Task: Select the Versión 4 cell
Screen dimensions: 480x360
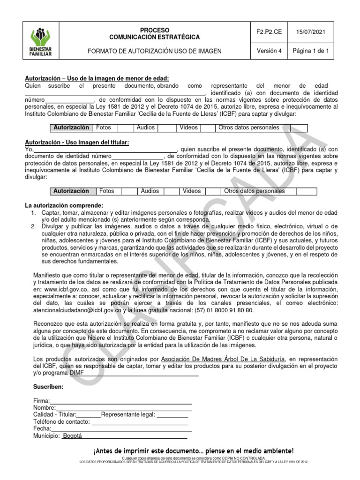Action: pos(269,51)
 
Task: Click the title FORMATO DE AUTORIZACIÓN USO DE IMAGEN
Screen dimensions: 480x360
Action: pos(154,51)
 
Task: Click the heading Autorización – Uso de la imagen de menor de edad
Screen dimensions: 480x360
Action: pos(97,78)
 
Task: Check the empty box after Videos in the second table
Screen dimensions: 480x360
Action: pos(213,191)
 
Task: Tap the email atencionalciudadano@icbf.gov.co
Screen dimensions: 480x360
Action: pos(78,310)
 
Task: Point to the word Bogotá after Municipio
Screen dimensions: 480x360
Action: pos(72,435)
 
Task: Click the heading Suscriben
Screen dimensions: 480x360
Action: pos(48,387)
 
